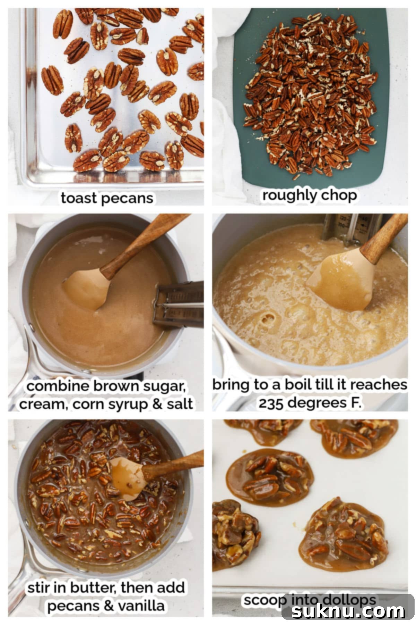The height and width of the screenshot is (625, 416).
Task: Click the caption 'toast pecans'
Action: point(107,198)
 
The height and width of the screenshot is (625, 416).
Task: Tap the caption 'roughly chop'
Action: point(309,195)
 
